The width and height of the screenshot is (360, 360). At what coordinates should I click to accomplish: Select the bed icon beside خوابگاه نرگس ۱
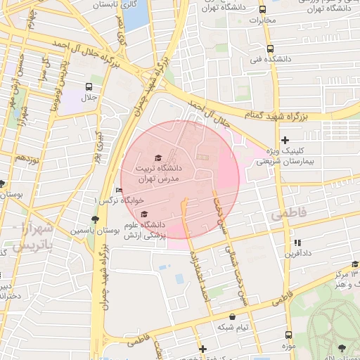click(x=118, y=190)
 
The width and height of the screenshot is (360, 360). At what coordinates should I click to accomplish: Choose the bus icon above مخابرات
click(x=262, y=10)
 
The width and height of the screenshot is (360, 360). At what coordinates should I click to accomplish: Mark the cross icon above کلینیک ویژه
click(x=285, y=141)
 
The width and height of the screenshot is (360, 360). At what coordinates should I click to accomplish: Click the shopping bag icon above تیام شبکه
click(x=233, y=317)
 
